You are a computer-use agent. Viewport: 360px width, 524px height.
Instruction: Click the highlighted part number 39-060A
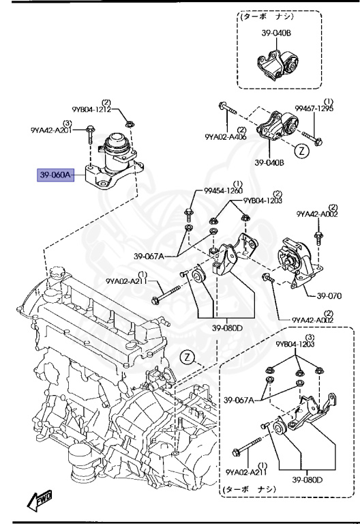click(55, 175)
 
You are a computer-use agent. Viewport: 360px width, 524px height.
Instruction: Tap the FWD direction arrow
click(40, 500)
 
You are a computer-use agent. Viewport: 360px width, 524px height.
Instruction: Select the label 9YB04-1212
click(91, 109)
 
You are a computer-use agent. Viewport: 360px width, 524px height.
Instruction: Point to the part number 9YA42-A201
click(51, 130)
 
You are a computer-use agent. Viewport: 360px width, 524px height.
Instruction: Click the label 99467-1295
click(314, 108)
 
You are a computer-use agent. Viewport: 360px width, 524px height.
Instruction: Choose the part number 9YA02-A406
click(226, 136)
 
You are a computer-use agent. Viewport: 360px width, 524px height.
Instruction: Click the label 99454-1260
click(224, 190)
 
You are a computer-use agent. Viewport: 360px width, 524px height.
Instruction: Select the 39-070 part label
click(329, 295)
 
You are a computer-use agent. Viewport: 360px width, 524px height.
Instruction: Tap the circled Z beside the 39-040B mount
click(302, 151)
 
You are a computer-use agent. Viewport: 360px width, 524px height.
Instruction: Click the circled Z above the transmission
click(187, 358)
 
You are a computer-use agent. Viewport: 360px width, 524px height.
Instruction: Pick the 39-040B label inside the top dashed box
click(276, 33)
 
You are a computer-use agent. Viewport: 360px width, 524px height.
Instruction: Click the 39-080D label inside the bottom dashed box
click(307, 480)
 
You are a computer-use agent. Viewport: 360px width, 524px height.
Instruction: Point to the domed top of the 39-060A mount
click(116, 139)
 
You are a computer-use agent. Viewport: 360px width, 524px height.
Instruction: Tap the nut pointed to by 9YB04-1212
click(130, 124)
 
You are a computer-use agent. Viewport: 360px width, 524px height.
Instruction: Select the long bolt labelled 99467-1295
click(312, 138)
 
